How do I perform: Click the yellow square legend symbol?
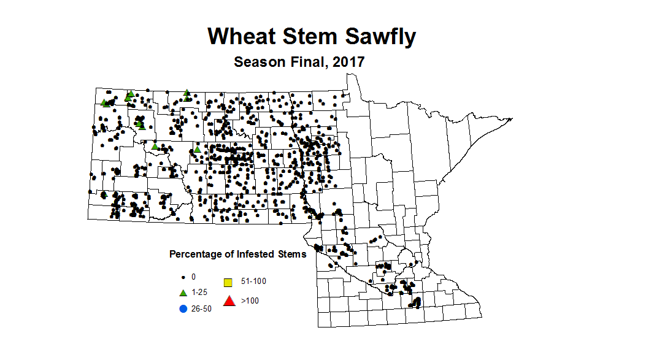click(x=228, y=283)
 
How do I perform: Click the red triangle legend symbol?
click(x=229, y=301)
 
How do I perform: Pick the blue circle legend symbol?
click(x=182, y=308)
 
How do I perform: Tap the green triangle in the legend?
click(x=182, y=293)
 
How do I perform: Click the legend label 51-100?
click(x=254, y=281)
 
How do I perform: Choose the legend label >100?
click(x=250, y=301)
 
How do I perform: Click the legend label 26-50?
click(x=201, y=308)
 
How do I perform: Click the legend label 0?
click(x=193, y=277)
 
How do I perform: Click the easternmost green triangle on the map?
click(x=198, y=149)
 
